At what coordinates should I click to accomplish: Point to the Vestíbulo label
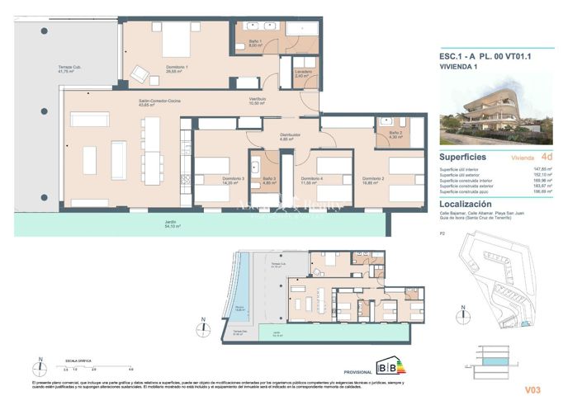click(x=258, y=101)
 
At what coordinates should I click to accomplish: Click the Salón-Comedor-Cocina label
click(x=159, y=102)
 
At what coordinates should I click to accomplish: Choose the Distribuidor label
click(x=287, y=138)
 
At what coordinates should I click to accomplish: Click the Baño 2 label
click(x=395, y=134)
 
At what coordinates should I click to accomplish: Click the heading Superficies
click(x=462, y=156)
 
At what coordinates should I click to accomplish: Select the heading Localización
click(x=465, y=203)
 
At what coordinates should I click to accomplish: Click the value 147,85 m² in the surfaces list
click(x=543, y=168)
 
